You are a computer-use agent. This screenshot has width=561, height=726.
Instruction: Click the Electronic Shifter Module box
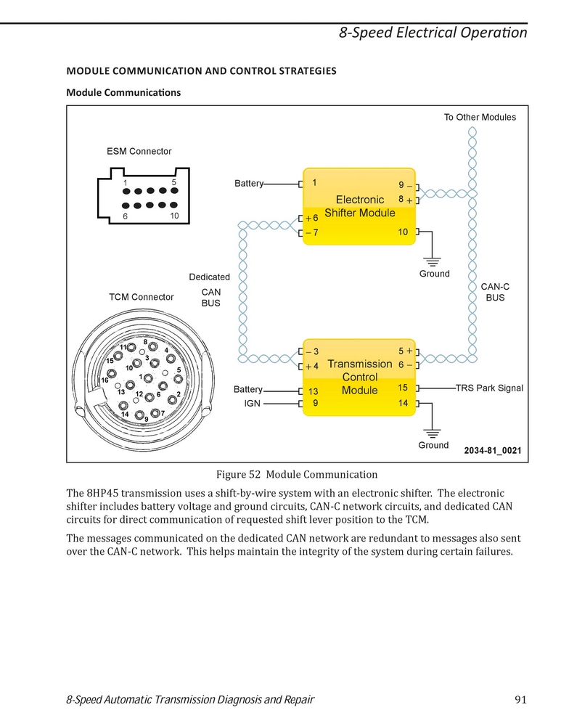[x=359, y=206]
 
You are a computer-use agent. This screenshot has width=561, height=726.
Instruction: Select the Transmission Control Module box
[x=359, y=378]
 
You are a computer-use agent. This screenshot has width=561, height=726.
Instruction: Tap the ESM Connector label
[x=139, y=152]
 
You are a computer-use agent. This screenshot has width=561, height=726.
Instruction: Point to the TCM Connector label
[x=142, y=297]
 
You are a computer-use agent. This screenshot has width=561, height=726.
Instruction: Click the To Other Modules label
[x=480, y=117]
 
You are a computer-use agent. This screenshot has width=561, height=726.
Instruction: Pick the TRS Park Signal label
[x=489, y=388]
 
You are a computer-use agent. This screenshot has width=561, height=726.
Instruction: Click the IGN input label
[x=253, y=403]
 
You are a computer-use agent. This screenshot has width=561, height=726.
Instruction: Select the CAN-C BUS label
[x=495, y=292]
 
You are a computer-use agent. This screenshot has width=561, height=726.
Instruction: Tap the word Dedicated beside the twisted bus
[x=209, y=277]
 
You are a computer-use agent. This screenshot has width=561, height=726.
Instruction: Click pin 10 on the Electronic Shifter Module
[x=404, y=232]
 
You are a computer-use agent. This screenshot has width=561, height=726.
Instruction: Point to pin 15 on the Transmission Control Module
[x=404, y=388]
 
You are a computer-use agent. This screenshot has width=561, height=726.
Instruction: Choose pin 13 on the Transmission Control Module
[x=314, y=391]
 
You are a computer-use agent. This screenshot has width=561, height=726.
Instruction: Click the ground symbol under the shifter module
[x=432, y=262]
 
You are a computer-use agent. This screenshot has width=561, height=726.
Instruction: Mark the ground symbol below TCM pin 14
[x=432, y=434]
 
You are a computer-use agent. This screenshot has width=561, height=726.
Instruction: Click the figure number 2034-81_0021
[x=493, y=451]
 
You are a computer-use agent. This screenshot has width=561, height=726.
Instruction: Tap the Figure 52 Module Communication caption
[x=297, y=475]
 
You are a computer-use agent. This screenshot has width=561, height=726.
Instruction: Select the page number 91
[x=521, y=700]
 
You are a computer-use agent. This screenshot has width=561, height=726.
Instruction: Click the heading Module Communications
[x=123, y=93]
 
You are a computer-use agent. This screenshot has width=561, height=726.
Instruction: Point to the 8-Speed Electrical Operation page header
[x=433, y=33]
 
